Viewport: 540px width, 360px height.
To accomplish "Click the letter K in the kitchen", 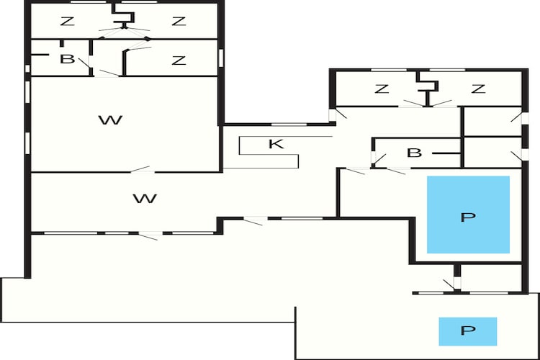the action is coord(276,144).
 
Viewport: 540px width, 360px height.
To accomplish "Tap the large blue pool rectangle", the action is coord(469,215).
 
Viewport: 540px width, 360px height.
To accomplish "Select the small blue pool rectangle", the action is coord(468,331).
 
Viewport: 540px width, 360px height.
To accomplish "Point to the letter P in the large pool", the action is coord(468,217).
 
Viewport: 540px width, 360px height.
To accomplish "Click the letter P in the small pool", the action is coord(468,330).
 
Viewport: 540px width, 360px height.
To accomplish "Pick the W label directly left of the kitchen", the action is coord(111,120).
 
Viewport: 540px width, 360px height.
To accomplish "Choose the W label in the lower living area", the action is coord(145,199).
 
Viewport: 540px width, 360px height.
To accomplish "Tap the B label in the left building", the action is coord(67,59).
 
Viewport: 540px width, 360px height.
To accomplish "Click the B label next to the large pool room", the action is coord(414,153).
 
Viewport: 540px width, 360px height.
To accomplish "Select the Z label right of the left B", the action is coord(179,60).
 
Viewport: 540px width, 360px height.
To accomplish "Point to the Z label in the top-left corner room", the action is coord(67,22).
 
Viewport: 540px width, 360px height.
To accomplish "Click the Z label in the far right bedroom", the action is coord(478,89).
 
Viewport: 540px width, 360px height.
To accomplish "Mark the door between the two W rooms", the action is coord(141,169).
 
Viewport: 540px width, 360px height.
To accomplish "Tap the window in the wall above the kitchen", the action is coord(289,124).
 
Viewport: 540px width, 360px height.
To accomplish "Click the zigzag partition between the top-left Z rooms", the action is coord(123,16).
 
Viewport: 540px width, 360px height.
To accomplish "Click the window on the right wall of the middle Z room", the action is coord(221,58).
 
